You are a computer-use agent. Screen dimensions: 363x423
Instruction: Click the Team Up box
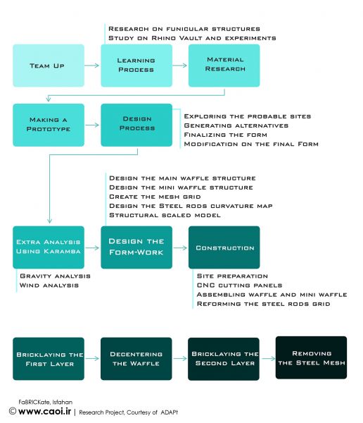(x=49, y=66)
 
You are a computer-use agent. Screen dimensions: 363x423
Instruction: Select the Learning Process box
(x=136, y=66)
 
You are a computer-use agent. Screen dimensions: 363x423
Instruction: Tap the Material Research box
(x=224, y=66)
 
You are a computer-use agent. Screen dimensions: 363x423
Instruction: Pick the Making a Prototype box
(x=49, y=125)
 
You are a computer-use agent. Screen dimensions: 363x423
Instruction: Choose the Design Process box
(x=136, y=125)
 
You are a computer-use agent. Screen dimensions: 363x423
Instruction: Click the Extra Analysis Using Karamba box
(x=49, y=247)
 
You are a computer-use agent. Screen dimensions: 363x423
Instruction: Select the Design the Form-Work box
(x=136, y=247)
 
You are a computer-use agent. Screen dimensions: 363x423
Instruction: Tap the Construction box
(x=224, y=247)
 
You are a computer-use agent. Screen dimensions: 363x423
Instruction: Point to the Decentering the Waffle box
(x=136, y=359)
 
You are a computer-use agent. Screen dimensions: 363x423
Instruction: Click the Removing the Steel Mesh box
(x=311, y=357)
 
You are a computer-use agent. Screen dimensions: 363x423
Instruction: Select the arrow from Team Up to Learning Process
(x=92, y=66)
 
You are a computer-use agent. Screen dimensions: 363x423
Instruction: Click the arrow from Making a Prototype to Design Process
(x=92, y=125)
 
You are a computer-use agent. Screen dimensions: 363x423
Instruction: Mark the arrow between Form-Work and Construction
(x=180, y=247)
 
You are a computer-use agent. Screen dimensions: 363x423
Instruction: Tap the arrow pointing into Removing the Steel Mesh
(x=269, y=359)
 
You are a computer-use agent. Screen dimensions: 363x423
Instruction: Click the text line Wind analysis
(x=49, y=286)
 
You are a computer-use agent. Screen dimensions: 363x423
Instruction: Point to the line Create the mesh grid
(x=155, y=197)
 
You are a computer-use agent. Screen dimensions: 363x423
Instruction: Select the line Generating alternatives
(x=236, y=125)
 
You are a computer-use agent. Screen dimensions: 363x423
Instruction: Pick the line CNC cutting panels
(x=239, y=286)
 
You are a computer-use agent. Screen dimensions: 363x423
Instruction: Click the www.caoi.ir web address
(x=45, y=412)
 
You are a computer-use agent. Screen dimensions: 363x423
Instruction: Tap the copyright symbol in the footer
(x=13, y=412)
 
